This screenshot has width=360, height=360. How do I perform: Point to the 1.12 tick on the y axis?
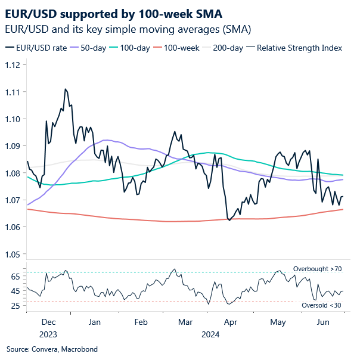pos(13,64)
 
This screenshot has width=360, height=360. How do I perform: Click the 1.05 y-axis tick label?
pos(13,255)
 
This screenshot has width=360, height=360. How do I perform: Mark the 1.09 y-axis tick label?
pos(13,146)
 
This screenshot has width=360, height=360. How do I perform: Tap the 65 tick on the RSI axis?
pos(16,277)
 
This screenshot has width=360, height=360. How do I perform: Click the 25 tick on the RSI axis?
pos(16,306)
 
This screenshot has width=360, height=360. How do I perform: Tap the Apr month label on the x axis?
pos(231,322)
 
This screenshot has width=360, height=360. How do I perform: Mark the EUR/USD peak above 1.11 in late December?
pos(64,89)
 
